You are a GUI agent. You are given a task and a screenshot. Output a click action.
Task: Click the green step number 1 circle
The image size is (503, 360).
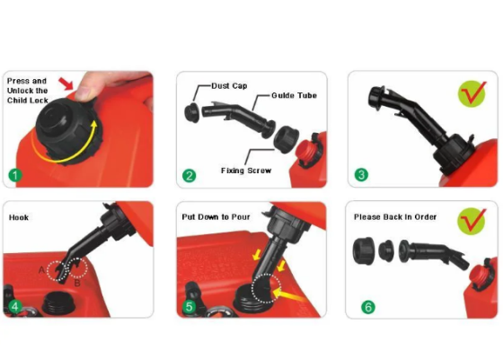pyautogui.click(x=14, y=175)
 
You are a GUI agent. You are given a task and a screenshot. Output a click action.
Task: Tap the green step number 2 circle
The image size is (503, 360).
pyautogui.click(x=189, y=176)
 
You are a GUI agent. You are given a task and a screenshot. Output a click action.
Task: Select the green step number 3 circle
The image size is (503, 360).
pyautogui.click(x=361, y=175)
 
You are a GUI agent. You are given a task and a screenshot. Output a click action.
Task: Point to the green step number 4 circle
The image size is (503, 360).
pyautogui.click(x=15, y=307)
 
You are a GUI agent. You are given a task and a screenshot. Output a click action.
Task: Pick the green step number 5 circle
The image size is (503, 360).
pyautogui.click(x=189, y=306)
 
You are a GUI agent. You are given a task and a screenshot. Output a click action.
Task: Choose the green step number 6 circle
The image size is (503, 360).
pyautogui.click(x=368, y=307)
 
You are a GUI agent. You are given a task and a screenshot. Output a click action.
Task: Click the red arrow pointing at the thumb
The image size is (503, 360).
pyautogui.click(x=66, y=83)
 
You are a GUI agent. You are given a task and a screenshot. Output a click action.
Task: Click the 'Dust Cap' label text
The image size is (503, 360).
pyautogui.click(x=229, y=86)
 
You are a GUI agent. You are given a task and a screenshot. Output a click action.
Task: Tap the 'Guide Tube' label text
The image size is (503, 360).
pyautogui.click(x=295, y=95)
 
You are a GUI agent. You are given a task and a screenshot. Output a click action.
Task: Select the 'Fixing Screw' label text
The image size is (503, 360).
pyautogui.click(x=246, y=171)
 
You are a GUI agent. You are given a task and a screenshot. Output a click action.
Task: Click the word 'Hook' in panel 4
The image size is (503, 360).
pyautogui.click(x=19, y=217)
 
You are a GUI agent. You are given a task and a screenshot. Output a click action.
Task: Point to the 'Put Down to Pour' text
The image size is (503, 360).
pyautogui.click(x=216, y=217)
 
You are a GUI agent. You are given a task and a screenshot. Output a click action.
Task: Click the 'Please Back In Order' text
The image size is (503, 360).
pyautogui.click(x=395, y=217)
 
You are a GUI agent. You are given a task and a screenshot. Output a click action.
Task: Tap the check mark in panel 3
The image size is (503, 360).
pyautogui.click(x=472, y=93)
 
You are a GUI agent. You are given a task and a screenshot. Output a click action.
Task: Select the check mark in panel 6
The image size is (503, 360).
pyautogui.click(x=472, y=220)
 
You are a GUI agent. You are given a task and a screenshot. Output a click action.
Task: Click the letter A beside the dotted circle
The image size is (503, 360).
pyautogui.click(x=41, y=270)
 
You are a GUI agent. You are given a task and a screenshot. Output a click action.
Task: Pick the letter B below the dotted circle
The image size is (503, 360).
pyautogui.click(x=77, y=283)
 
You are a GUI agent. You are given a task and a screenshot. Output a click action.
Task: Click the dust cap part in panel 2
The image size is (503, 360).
pyautogui.click(x=192, y=112)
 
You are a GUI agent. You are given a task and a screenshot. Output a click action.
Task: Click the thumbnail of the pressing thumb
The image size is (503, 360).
pyautogui.click(x=83, y=92)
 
